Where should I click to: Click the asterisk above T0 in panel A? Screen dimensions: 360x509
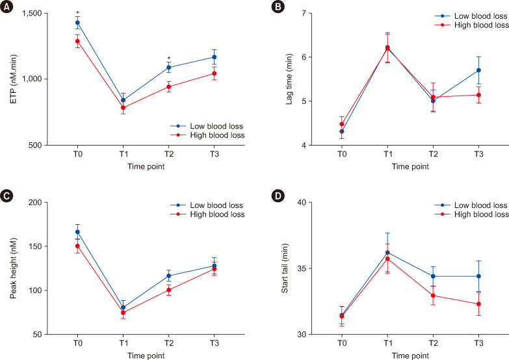(77, 14)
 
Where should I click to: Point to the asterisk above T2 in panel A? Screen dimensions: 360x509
(168, 58)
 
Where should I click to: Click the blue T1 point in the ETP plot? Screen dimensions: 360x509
(123, 100)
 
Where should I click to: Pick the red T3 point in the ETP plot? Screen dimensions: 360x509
(214, 73)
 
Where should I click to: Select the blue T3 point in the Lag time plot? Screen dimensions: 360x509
(478, 70)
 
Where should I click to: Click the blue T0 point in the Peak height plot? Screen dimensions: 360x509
(77, 232)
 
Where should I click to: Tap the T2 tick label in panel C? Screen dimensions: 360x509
(168, 343)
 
